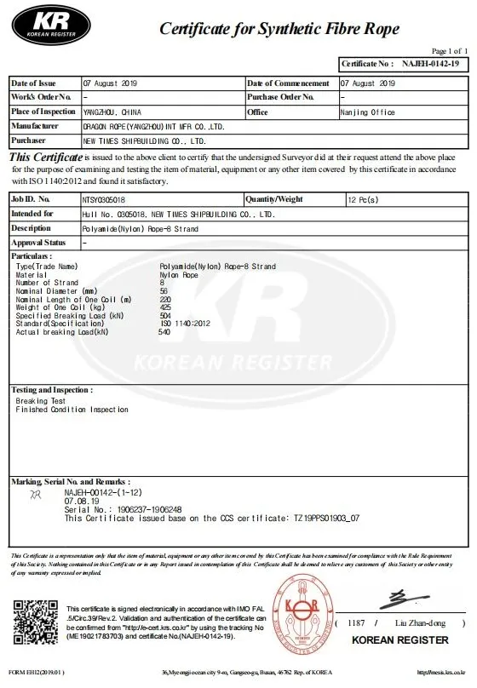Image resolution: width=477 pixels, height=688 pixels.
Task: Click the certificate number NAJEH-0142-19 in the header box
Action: coord(430,64)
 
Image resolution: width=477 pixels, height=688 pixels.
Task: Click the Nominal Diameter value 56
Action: coord(164,291)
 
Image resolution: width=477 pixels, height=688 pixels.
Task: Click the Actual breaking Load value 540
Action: coord(164,331)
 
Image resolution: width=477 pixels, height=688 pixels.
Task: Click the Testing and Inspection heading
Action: coord(50,389)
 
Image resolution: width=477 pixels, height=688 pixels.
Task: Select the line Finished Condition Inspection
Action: coord(72,410)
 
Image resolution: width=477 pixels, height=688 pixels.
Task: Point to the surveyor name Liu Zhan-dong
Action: coord(418,624)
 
